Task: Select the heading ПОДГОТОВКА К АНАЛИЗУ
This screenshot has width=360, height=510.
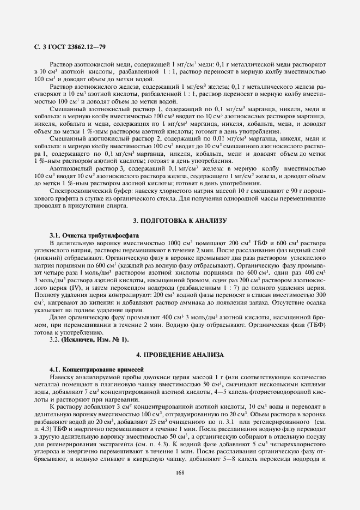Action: point(180,220)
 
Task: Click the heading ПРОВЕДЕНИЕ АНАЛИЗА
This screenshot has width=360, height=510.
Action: point(180,354)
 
